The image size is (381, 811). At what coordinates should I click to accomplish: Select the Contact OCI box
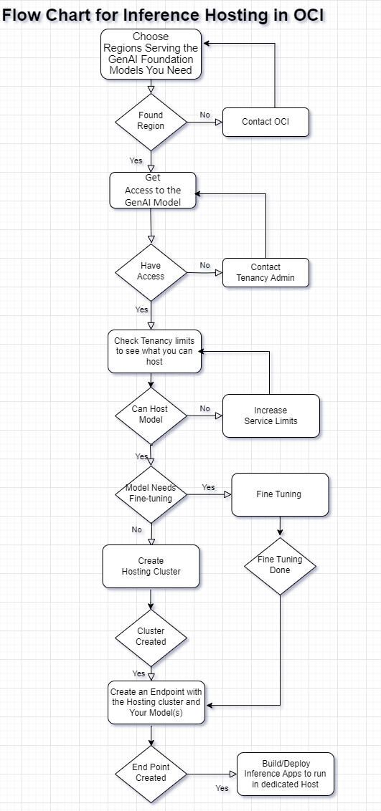[265, 122]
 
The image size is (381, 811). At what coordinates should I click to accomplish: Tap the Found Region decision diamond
[151, 121]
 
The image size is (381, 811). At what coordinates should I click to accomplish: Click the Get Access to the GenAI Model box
[152, 190]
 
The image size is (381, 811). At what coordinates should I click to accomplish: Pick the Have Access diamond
[151, 272]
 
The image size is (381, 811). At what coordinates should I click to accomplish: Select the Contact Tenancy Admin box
[265, 272]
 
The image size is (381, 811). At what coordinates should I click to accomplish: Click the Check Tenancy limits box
[154, 351]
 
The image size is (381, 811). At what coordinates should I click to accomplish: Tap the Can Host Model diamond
[151, 415]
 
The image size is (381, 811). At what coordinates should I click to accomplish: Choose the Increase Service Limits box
[271, 416]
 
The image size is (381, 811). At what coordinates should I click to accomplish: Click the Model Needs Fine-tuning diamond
[151, 494]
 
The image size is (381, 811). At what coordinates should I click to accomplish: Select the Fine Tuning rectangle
[279, 494]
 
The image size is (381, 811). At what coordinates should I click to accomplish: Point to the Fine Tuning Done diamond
[280, 565]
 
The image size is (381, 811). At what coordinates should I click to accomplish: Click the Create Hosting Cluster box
[151, 566]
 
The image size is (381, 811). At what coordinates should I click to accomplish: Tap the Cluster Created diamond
[151, 637]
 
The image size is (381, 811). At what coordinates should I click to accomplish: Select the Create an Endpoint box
[156, 702]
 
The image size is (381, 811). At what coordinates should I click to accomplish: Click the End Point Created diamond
[151, 773]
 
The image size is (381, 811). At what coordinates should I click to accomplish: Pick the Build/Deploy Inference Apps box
[285, 774]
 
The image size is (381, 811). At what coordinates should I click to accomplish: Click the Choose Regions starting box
[151, 54]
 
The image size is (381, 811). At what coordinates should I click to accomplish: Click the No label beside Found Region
[205, 115]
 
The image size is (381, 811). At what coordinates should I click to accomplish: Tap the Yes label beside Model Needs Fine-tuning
[208, 487]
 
